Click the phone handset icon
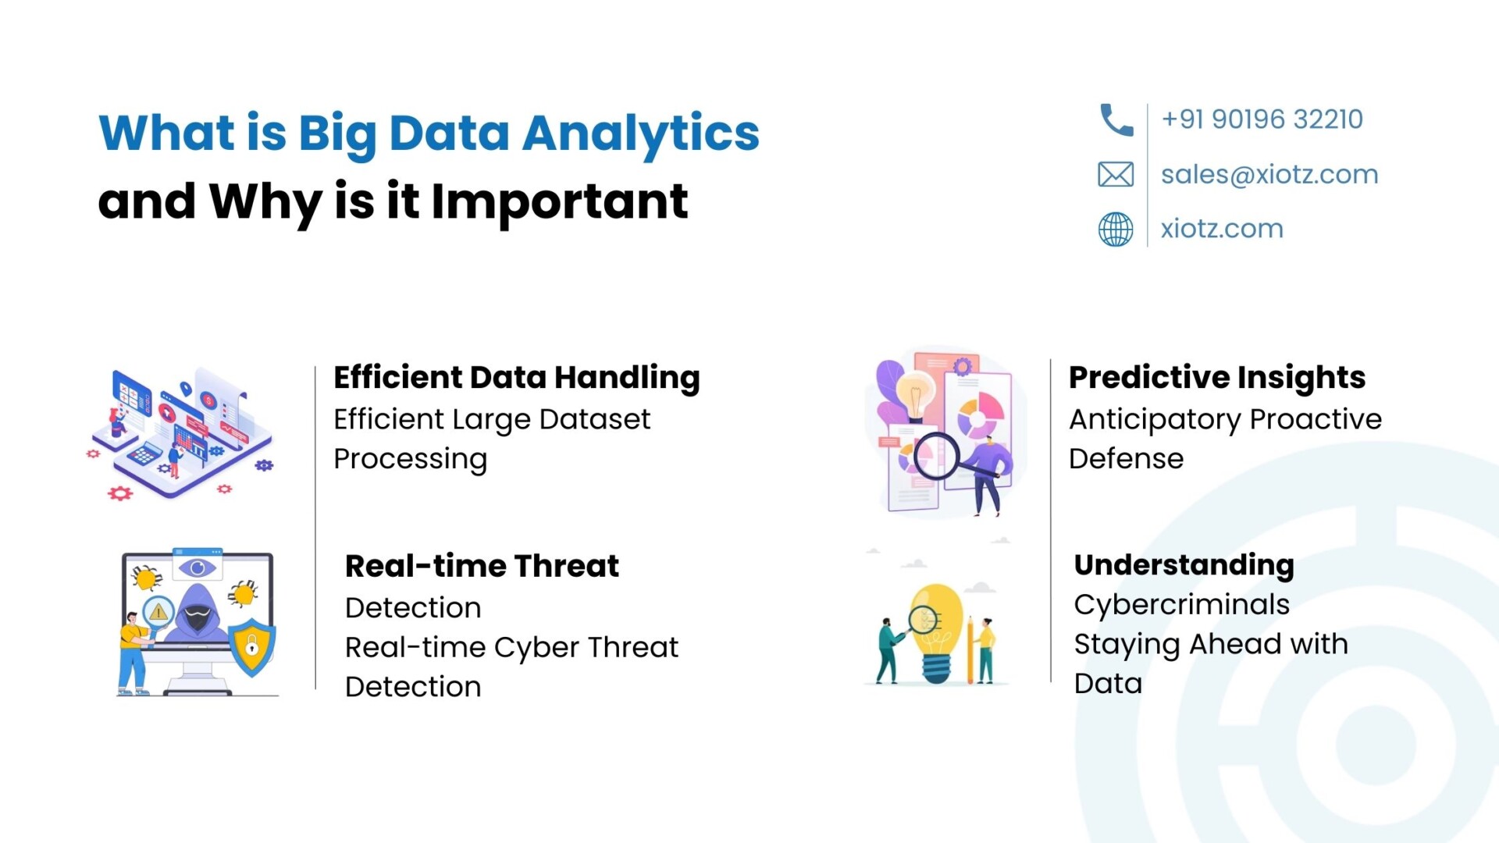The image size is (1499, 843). coord(1116,120)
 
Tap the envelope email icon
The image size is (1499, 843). coord(1116,174)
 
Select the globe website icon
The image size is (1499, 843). coord(1116,229)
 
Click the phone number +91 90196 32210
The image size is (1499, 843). coord(1262,119)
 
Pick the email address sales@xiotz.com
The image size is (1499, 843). coord(1269,174)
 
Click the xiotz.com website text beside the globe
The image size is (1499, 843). coord(1222,229)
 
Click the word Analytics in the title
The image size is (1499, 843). coord(640,134)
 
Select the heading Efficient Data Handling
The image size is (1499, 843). coord(517,379)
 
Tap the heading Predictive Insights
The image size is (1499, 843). coord(1217,379)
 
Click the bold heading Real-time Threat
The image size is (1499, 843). coord(482,566)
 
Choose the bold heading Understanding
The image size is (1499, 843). coord(1184,566)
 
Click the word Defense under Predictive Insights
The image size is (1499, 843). coord(1126,459)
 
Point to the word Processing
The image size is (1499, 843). coord(410,460)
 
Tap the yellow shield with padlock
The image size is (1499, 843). coord(252,646)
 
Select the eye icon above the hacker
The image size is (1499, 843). coord(197,567)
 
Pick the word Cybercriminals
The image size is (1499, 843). coord(1181,605)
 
